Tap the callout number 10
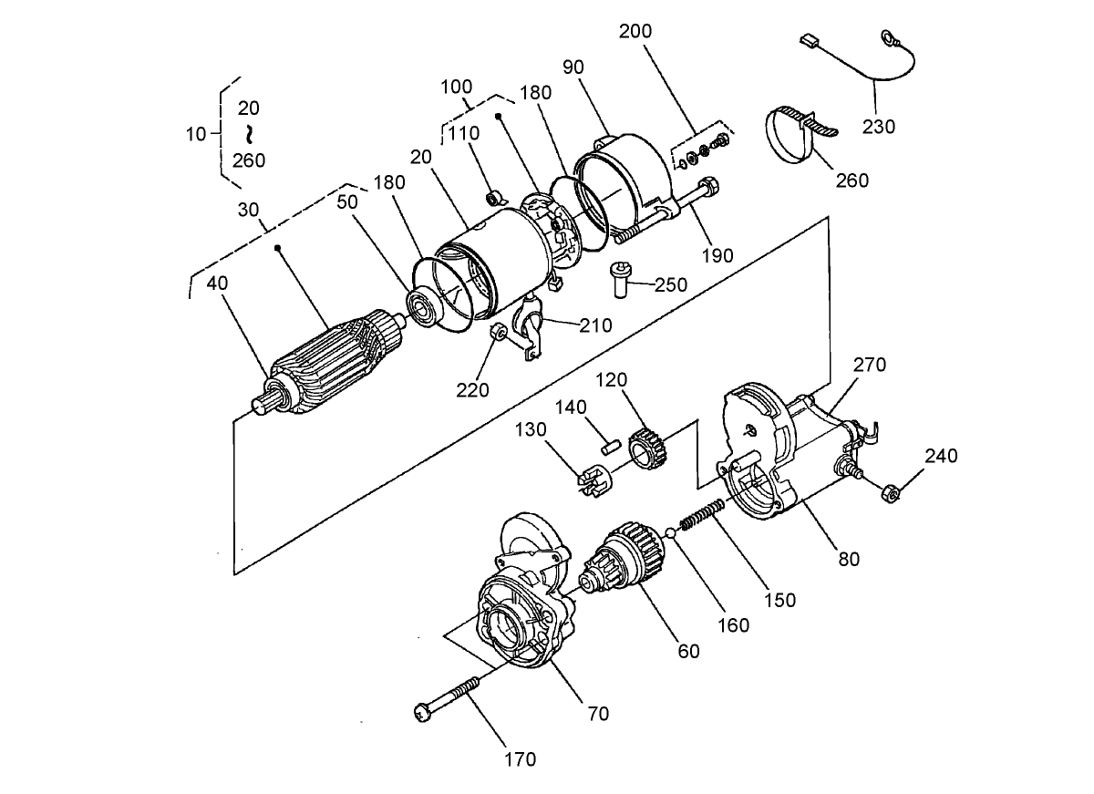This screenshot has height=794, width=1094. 196,134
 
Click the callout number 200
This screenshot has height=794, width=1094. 635,30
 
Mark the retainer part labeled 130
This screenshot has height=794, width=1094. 593,479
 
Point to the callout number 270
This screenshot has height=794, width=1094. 869,365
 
